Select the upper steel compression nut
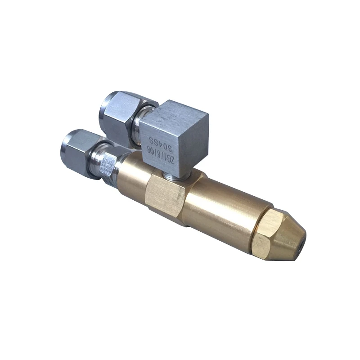[118, 115]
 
